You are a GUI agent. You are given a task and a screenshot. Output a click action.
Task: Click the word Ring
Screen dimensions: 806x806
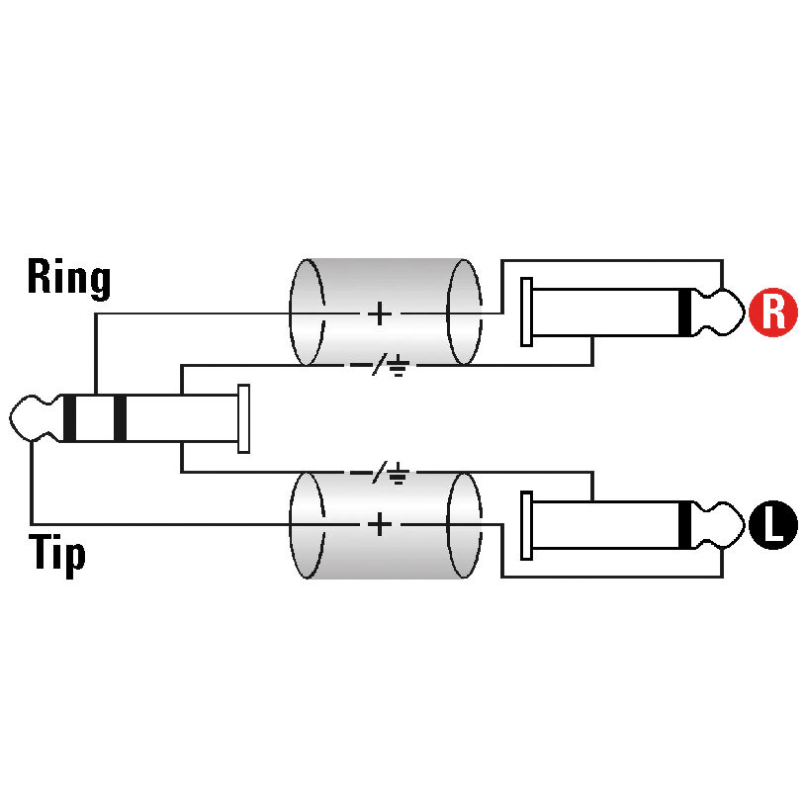pos(69,278)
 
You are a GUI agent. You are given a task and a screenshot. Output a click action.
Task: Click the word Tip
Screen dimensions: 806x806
pos(56,555)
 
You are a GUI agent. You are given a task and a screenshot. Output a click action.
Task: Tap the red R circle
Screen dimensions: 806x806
pos(772,313)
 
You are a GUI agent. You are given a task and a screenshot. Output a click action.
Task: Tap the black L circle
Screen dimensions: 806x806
pos(772,525)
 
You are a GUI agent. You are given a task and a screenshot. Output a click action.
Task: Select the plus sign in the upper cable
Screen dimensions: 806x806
pos(380,313)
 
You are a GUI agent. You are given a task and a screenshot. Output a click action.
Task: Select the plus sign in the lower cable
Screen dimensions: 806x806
pos(380,525)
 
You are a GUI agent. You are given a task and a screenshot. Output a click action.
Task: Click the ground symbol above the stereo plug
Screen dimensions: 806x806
pos(399,368)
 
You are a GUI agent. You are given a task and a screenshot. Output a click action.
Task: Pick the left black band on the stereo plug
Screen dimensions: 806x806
pos(69,418)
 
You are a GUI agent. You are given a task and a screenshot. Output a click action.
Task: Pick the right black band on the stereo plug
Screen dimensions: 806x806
pos(120,418)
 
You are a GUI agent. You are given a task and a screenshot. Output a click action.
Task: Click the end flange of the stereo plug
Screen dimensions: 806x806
pos(243,418)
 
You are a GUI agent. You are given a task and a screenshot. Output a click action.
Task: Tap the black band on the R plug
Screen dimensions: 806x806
pos(684,313)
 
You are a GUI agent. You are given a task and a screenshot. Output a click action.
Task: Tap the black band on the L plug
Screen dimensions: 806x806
pos(684,525)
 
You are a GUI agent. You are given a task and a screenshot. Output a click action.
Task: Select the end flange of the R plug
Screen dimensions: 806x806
pos(526,313)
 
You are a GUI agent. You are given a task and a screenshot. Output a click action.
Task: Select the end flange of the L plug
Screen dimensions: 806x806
pos(526,525)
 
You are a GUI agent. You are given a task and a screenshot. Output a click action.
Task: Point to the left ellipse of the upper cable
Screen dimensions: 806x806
pos(291,313)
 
